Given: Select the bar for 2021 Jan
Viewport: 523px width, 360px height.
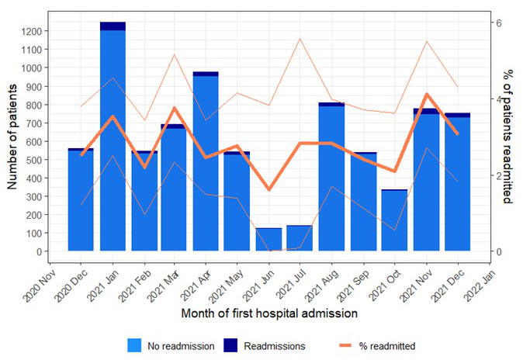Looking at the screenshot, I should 113,140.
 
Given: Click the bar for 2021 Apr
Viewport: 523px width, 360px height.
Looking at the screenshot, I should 206,163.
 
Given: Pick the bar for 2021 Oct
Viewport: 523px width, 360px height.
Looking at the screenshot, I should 394,220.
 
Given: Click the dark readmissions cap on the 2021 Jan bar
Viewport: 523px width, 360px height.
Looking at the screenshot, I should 113,26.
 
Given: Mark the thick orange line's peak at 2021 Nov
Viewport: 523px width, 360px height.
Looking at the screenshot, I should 426,95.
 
